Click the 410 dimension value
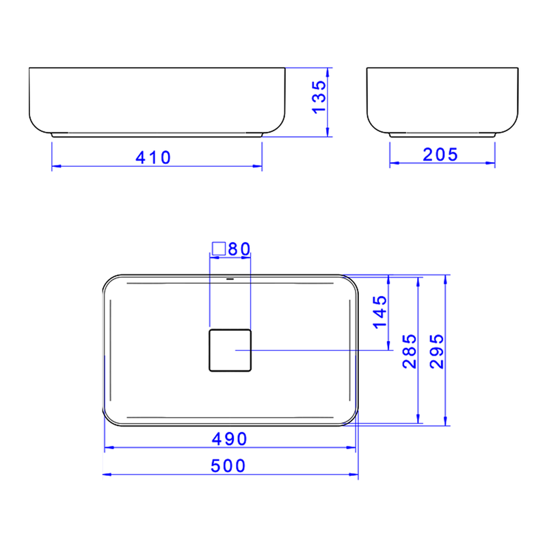(152, 157)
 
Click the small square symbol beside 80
(219, 248)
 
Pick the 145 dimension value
(380, 312)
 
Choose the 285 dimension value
(409, 351)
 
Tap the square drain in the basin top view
(230, 349)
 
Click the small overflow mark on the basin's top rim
(230, 279)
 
